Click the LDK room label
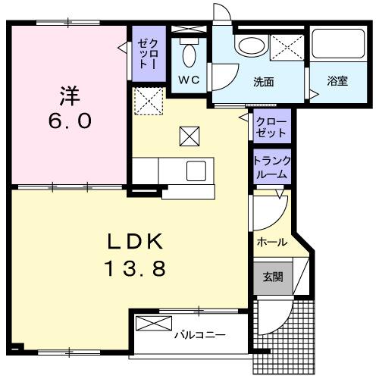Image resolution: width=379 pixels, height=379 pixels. pos(134,242)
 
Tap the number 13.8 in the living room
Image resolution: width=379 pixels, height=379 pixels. pos(134,268)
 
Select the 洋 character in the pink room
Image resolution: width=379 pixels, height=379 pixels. pos(70,96)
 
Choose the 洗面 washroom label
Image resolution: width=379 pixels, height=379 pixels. pos(263,81)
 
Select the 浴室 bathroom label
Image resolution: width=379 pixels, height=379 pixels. pos(337,81)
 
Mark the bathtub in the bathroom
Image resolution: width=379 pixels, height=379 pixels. pos(339,49)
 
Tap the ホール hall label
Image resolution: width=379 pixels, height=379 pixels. pos(272,243)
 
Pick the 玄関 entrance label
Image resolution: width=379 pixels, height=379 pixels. pos(272,277)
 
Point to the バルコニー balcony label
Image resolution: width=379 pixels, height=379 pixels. pos(197,334)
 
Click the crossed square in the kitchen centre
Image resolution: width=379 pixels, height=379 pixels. pos(188,136)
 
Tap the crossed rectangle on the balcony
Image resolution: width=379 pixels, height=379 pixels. pos(154,324)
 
